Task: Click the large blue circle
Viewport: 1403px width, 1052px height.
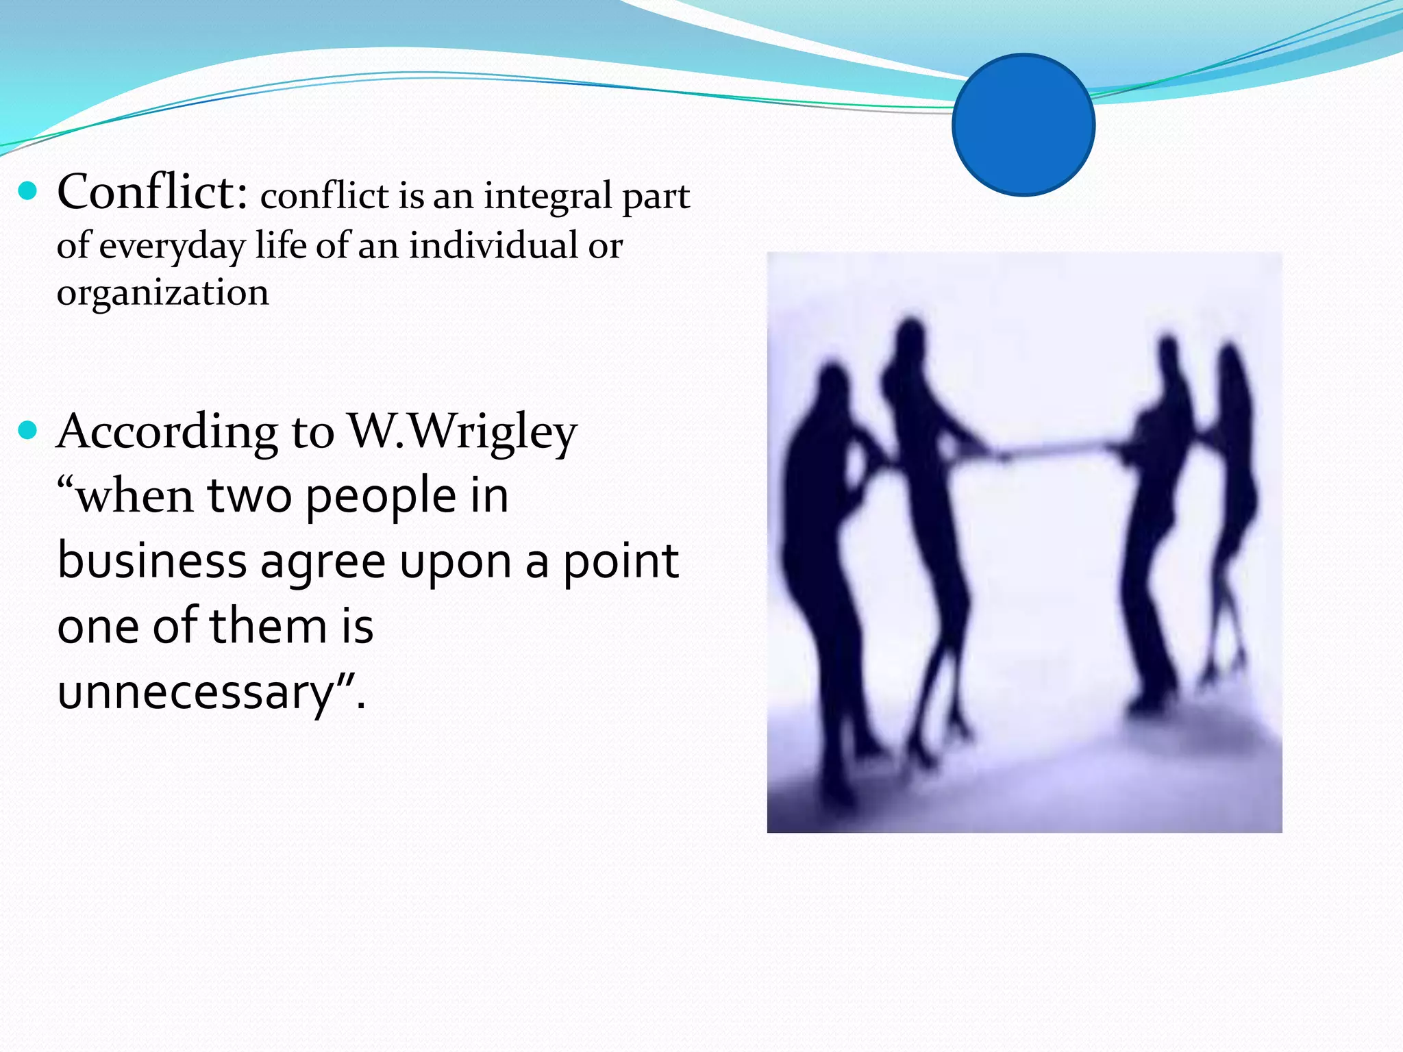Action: pyautogui.click(x=1023, y=125)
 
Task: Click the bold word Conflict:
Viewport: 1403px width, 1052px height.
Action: pyautogui.click(x=152, y=192)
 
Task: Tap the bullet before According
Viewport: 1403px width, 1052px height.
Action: pyautogui.click(x=27, y=430)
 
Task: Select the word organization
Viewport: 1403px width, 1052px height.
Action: pyautogui.click(x=162, y=293)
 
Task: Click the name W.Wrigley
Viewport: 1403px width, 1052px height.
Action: pyautogui.click(x=463, y=433)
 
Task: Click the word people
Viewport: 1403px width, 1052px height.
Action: pyautogui.click(x=380, y=497)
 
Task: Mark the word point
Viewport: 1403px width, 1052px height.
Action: pyautogui.click(x=621, y=562)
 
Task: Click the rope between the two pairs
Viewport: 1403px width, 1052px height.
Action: pyautogui.click(x=1055, y=449)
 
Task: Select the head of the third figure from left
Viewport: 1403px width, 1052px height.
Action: pyautogui.click(x=1168, y=353)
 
